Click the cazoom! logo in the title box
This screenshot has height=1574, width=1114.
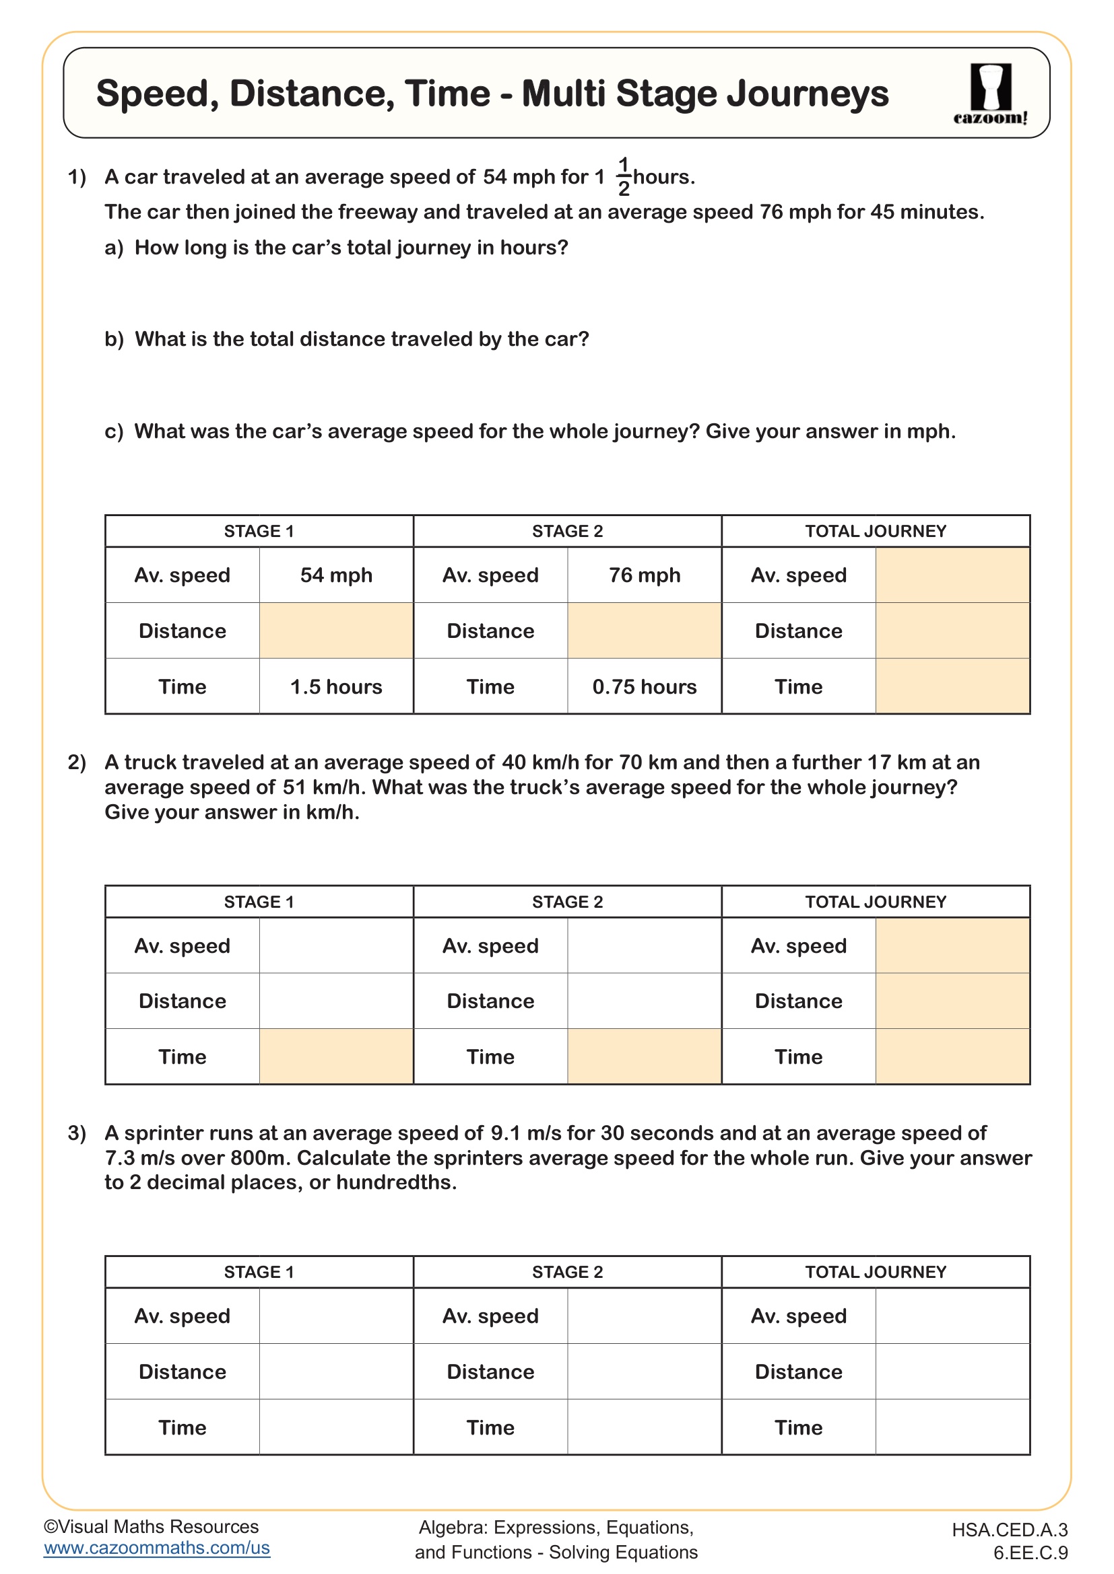point(990,94)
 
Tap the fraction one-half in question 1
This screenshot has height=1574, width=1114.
point(623,177)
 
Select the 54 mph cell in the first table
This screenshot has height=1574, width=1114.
point(336,575)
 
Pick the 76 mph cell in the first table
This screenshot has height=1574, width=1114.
point(644,575)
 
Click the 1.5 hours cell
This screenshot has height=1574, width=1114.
point(336,687)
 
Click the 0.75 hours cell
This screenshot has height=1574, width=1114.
point(644,687)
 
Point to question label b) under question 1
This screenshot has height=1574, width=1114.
point(114,339)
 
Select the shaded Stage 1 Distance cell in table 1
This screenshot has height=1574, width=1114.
point(336,631)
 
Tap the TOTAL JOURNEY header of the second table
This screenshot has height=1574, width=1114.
point(876,902)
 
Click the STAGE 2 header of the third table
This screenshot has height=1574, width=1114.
point(567,1273)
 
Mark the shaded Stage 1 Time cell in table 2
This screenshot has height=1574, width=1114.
point(336,1057)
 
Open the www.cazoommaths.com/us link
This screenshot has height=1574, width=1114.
point(156,1548)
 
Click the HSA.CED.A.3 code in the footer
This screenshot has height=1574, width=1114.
point(1010,1530)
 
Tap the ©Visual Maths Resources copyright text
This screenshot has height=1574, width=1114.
point(151,1527)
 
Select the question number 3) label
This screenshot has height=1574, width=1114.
point(77,1133)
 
